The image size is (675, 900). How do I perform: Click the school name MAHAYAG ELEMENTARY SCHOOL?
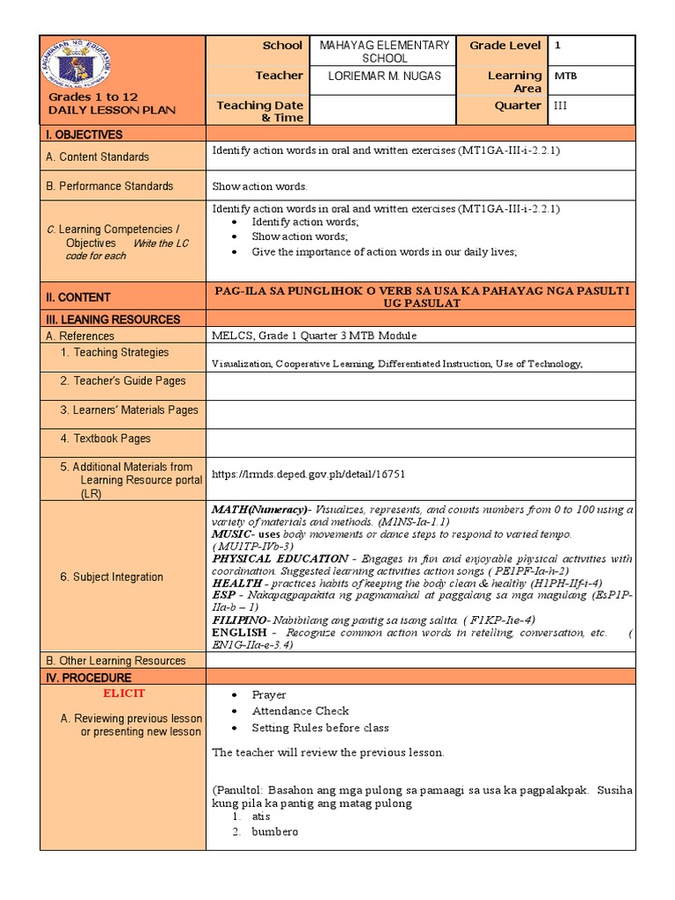pos(384,52)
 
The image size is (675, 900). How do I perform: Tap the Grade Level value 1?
pos(557,45)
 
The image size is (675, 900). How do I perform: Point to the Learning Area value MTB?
pos(564,76)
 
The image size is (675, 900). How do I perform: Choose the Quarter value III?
pos(561,105)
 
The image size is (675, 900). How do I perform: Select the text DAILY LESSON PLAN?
pos(112,111)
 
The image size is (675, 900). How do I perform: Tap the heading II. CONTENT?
pos(78,297)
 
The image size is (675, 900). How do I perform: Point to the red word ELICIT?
pos(123,693)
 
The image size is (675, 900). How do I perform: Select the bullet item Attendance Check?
pos(300,711)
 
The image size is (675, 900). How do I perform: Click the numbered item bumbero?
pos(274,831)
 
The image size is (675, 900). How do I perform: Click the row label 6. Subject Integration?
pos(111,577)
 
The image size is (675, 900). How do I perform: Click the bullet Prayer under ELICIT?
pos(269,694)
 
